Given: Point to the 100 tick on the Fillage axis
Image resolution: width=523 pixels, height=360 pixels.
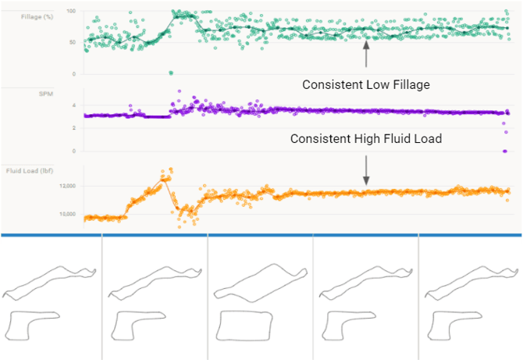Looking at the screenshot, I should (x=72, y=12).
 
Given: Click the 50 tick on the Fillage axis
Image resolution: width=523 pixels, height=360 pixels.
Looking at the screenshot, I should (x=73, y=42).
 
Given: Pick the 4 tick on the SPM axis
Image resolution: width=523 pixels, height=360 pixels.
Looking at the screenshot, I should (x=73, y=105).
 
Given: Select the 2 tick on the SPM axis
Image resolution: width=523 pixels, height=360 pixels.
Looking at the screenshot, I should (x=73, y=128).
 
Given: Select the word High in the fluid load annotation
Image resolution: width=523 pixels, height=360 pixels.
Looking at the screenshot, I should (x=368, y=139).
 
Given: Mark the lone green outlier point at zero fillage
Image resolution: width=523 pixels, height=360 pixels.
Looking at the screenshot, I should (x=171, y=73).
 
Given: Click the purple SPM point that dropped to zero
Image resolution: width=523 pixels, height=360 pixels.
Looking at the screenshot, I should (x=505, y=151).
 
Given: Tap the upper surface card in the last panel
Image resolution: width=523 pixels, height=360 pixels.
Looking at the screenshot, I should (x=468, y=283).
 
